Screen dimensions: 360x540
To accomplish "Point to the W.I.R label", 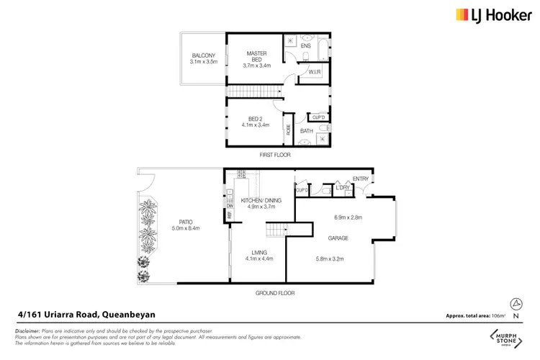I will point(314,72).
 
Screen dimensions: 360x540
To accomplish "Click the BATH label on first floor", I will point(307,131).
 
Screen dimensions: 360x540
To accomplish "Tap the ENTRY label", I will point(360,179).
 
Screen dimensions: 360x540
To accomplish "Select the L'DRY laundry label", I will point(341,188).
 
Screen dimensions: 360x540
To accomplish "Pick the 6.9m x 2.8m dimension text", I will point(348,217).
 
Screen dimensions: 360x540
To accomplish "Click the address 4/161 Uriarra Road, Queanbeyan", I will point(86,314).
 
